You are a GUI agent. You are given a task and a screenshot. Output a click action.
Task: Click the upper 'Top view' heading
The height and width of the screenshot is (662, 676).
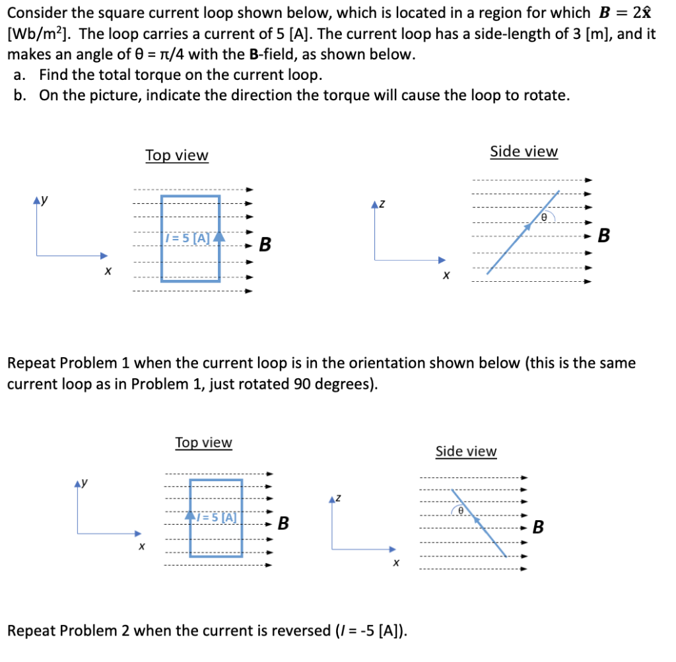pyautogui.click(x=176, y=156)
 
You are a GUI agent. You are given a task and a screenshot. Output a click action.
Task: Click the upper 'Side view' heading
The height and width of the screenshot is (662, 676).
pyautogui.click(x=524, y=152)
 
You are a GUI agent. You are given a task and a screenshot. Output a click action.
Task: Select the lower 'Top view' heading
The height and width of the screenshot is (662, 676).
pyautogui.click(x=203, y=442)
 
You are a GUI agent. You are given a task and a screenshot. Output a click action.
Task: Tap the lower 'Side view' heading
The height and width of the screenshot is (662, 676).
pyautogui.click(x=465, y=451)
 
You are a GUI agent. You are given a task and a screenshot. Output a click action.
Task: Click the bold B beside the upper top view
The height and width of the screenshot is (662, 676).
pyautogui.click(x=265, y=245)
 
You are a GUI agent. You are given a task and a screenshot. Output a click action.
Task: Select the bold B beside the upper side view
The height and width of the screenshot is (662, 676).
pyautogui.click(x=604, y=235)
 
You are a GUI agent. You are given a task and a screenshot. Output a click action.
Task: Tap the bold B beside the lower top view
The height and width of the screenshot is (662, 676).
pyautogui.click(x=283, y=524)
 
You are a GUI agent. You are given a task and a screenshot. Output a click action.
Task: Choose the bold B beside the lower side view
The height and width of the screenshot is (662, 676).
pyautogui.click(x=539, y=527)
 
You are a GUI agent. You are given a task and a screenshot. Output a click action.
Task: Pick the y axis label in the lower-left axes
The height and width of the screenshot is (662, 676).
pyautogui.click(x=86, y=483)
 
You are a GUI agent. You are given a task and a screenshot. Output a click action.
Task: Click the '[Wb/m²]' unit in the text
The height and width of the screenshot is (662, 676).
pyautogui.click(x=37, y=34)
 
